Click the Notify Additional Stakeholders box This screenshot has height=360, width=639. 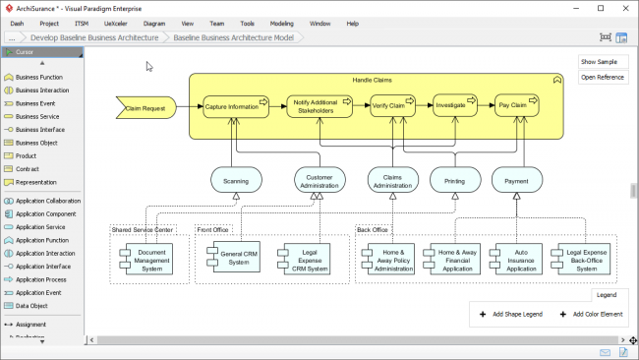[319, 106]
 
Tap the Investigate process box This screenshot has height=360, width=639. [453, 105]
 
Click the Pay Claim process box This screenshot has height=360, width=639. [516, 105]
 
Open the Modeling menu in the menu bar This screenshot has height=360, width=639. [281, 23]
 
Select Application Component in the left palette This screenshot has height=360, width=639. [45, 213]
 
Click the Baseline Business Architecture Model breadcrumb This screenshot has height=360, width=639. [233, 37]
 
